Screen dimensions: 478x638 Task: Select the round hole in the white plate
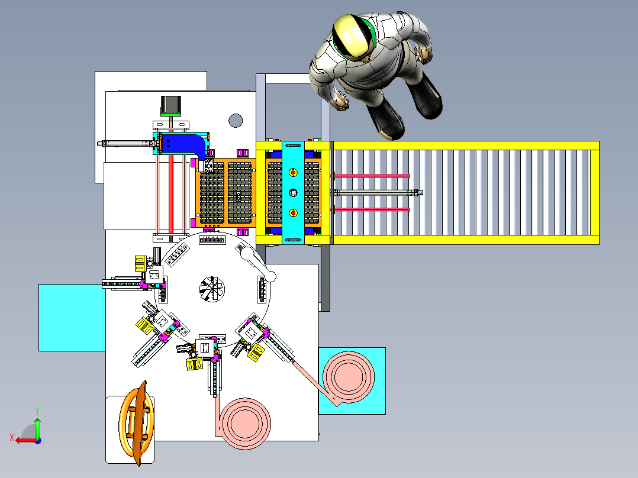tap(236, 121)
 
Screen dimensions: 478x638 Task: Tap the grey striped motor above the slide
tap(171, 105)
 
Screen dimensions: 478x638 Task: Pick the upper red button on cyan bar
tap(292, 172)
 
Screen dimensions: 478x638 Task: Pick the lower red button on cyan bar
tap(292, 212)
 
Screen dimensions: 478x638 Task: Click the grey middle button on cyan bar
tap(292, 192)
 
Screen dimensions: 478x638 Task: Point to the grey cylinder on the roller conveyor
tap(379, 192)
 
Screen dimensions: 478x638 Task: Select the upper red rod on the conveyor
tap(373, 176)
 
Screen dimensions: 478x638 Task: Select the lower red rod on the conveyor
tap(373, 210)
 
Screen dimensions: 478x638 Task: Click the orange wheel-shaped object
tap(138, 422)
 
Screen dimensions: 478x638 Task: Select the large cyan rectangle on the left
tap(71, 317)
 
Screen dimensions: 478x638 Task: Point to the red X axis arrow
tap(24, 440)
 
